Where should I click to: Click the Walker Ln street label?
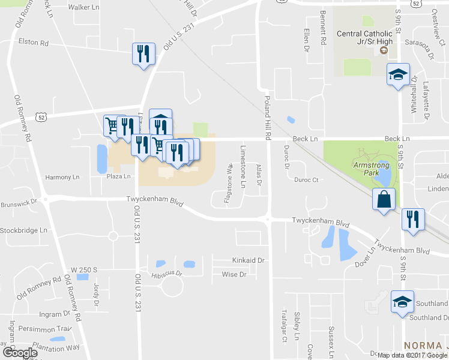tap(83, 7)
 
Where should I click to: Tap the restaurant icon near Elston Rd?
tap(143, 55)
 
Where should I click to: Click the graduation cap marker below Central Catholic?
tap(397, 75)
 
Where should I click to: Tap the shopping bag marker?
tap(384, 200)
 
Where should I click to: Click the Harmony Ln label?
tap(62, 177)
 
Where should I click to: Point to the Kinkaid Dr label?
tap(248, 260)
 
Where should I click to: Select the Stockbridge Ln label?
tap(23, 230)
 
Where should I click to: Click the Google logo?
tap(20, 353)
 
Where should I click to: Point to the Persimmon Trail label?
tap(45, 328)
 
